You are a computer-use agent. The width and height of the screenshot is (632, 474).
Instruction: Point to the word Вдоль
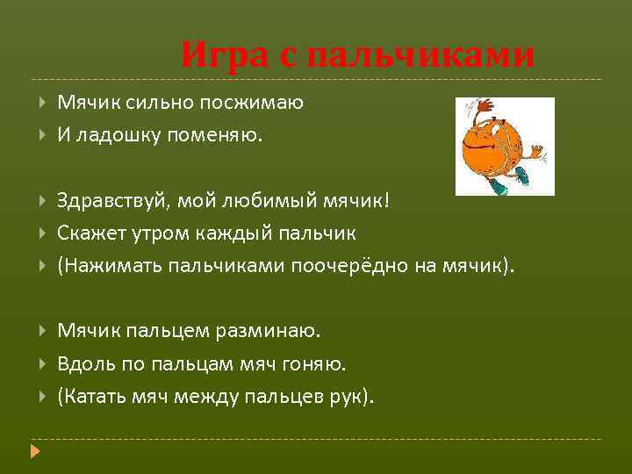coord(82,363)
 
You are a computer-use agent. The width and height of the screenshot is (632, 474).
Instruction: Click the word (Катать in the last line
coord(90,396)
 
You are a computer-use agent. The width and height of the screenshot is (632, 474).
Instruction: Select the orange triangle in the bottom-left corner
coord(35,452)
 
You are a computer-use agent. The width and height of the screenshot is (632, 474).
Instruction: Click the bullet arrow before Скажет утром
coord(43,233)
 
